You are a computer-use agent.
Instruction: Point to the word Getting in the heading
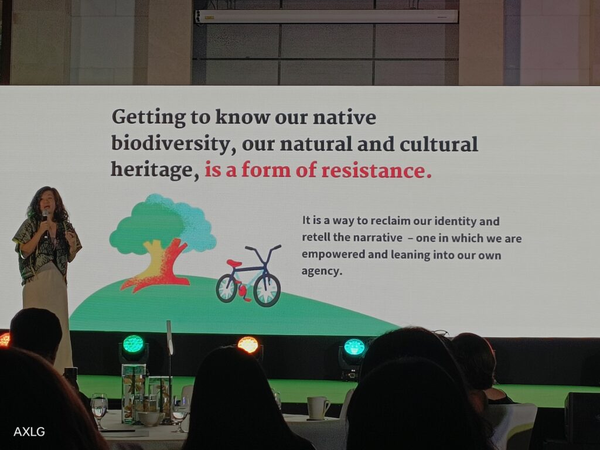click(149, 118)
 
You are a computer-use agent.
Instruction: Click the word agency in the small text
click(321, 272)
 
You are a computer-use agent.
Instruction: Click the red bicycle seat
click(234, 263)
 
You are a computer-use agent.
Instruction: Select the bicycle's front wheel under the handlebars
click(267, 289)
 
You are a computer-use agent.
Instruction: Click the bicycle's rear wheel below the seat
click(227, 288)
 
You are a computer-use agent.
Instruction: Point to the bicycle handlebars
click(263, 250)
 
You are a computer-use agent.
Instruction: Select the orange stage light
click(248, 345)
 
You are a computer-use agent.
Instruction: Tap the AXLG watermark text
click(29, 432)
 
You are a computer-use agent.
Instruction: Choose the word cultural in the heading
click(438, 144)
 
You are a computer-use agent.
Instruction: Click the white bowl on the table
click(151, 418)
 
